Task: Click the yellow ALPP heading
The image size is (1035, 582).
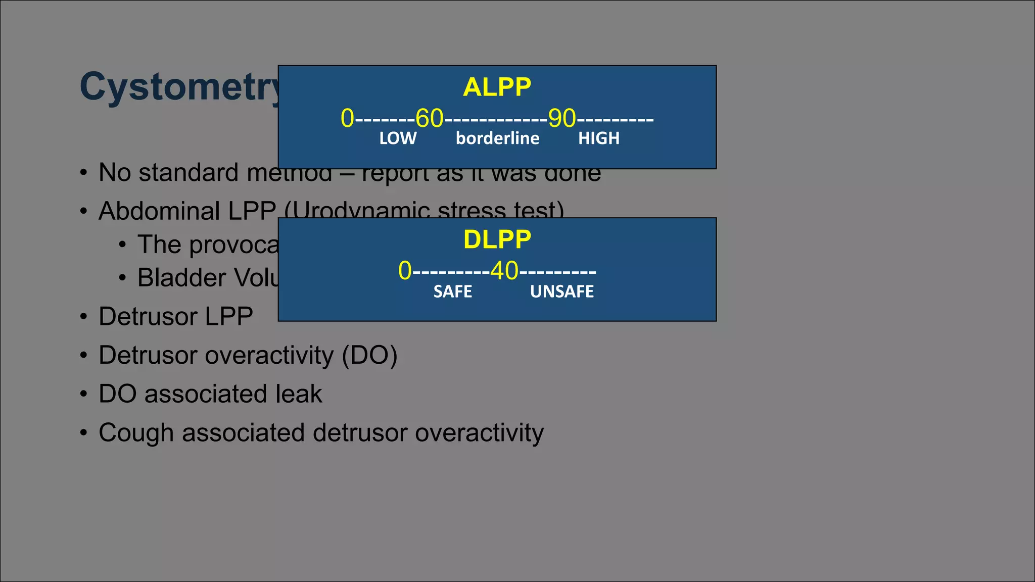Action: tap(497, 87)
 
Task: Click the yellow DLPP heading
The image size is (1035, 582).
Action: tap(497, 239)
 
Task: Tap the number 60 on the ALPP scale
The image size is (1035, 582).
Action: tap(429, 119)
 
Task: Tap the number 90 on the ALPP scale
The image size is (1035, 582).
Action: tap(562, 119)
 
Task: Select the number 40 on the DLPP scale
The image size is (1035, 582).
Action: tap(504, 271)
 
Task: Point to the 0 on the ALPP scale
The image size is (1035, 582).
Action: tap(347, 119)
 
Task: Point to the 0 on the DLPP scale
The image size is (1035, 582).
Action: tap(405, 271)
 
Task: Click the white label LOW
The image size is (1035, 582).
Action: tap(398, 138)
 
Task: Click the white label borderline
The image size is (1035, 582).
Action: tap(497, 138)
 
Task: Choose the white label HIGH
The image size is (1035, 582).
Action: tap(599, 138)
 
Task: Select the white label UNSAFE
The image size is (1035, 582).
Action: tap(561, 292)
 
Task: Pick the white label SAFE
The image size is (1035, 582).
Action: tap(452, 292)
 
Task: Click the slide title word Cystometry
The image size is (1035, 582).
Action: tap(179, 87)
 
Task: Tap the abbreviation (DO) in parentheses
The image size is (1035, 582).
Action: tap(369, 355)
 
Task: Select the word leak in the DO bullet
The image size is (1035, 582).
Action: tap(298, 394)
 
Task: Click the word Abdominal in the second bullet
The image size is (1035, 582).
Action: tap(159, 211)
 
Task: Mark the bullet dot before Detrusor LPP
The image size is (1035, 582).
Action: tap(84, 317)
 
